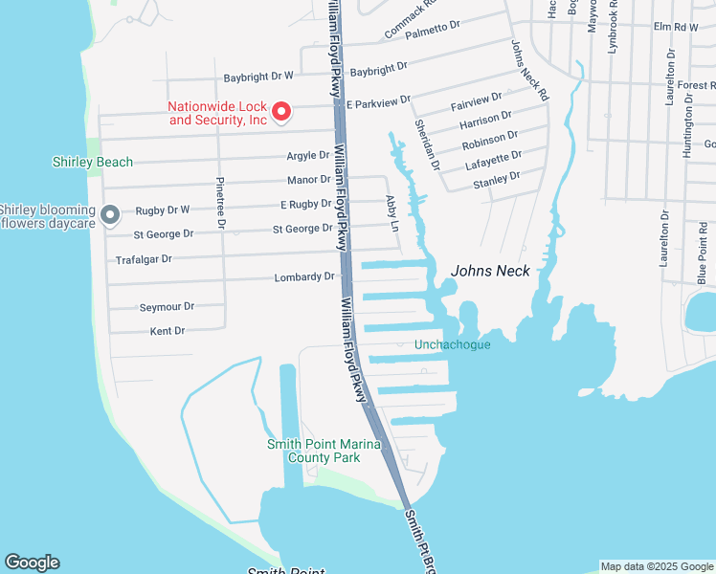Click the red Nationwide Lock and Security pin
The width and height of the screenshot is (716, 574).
pyautogui.click(x=281, y=113)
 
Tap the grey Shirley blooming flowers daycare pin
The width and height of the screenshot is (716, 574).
pyautogui.click(x=110, y=214)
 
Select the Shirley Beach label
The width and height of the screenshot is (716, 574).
pyautogui.click(x=93, y=162)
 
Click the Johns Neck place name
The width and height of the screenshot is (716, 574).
pyautogui.click(x=490, y=271)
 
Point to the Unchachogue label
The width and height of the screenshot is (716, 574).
pyautogui.click(x=452, y=344)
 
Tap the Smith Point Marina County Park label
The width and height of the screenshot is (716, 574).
pyautogui.click(x=324, y=451)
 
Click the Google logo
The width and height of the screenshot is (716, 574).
pyautogui.click(x=32, y=563)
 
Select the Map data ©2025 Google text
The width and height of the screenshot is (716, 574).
pyautogui.click(x=656, y=566)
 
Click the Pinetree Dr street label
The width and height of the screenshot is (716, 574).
pyautogui.click(x=221, y=203)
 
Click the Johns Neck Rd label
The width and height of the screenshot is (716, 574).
pyautogui.click(x=528, y=71)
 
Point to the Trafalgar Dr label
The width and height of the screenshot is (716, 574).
pyautogui.click(x=144, y=259)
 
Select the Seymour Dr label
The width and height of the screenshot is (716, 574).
pyautogui.click(x=167, y=307)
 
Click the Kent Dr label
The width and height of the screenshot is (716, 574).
pyautogui.click(x=167, y=331)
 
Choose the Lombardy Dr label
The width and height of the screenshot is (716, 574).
pyautogui.click(x=304, y=277)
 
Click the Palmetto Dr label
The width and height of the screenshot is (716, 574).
pyautogui.click(x=433, y=31)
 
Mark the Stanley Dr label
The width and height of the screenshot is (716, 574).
pyautogui.click(x=502, y=177)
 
